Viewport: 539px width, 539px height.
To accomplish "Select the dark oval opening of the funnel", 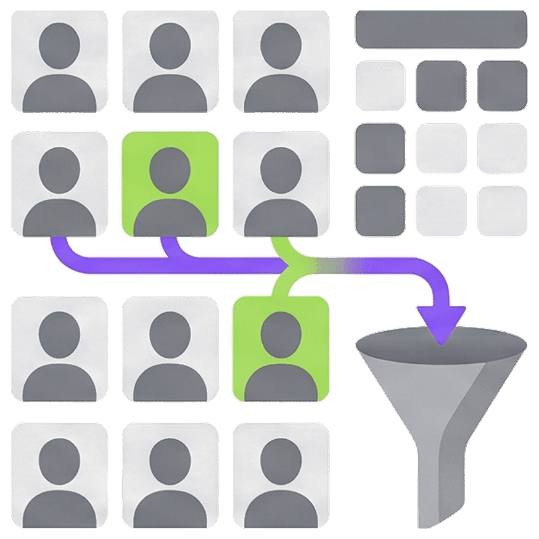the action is pos(440,343).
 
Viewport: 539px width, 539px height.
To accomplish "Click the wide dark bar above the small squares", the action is pos(441,29).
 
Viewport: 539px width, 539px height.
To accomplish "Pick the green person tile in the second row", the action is pos(170,184).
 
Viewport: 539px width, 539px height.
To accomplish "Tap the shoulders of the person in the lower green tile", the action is pos(281,382).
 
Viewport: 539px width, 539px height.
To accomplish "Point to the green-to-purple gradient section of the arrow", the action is pos(333,265).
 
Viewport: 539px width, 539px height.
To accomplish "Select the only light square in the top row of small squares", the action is pos(380,85).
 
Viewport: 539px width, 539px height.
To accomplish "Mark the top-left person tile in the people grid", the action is pos(59,60).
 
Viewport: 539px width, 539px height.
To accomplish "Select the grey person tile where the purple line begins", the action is pos(59,184).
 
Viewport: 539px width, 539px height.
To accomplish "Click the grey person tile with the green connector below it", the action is pos(281,184).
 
